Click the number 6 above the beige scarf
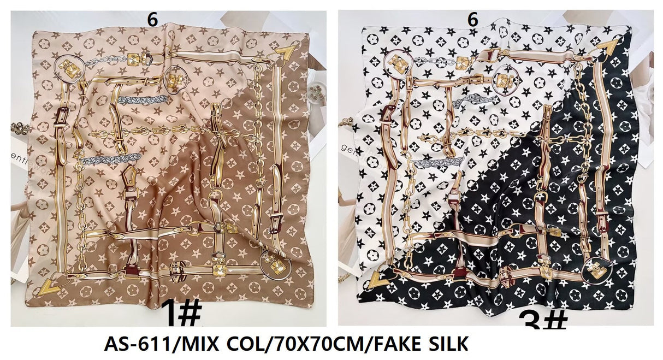click(x=152, y=20)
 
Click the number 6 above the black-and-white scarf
click(x=473, y=20)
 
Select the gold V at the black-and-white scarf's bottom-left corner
click(x=376, y=280)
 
